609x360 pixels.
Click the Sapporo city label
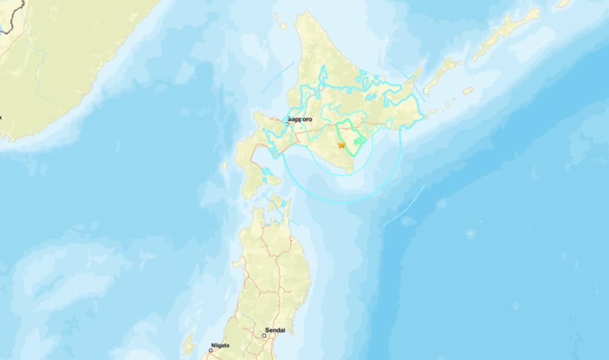300,118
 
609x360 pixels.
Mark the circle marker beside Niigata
211,351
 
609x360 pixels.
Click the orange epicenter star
341,144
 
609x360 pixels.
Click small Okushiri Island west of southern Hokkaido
225,166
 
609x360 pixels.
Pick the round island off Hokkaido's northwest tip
282,26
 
